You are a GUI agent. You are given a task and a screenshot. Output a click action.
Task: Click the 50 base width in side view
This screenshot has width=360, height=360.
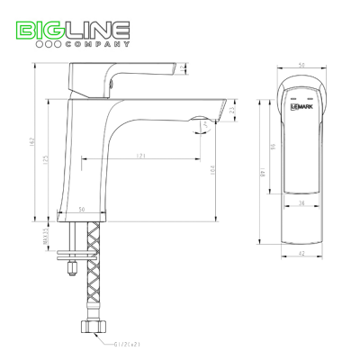click(x=82, y=210)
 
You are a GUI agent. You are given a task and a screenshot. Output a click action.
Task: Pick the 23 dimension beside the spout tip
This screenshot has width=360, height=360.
click(x=232, y=111)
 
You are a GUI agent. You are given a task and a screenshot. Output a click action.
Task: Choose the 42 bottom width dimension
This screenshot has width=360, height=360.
click(x=302, y=255)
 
